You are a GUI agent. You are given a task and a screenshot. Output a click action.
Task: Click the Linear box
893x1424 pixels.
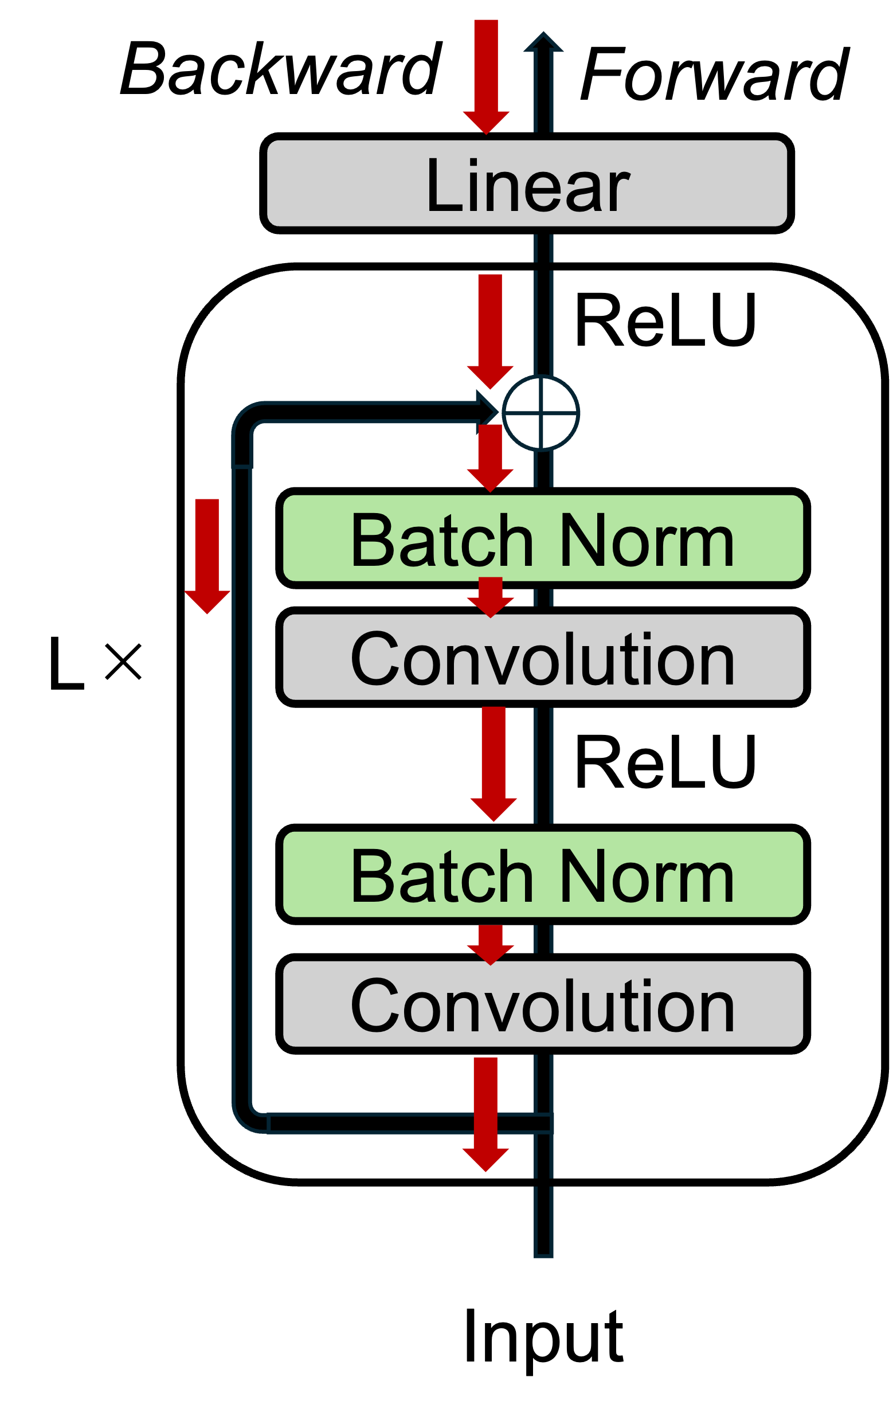526,183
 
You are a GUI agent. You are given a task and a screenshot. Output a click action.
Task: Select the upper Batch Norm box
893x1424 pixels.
543,538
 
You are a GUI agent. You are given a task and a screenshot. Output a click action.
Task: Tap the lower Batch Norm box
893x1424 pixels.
543,874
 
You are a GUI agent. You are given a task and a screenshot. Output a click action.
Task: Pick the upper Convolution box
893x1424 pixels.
543,657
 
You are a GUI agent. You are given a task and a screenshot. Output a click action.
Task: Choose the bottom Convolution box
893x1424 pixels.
543,1003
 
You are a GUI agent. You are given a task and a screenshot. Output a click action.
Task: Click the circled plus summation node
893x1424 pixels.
540,413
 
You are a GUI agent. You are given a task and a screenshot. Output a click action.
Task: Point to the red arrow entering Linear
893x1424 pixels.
486,77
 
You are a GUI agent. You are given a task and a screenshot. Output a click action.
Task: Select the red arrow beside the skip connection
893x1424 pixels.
207,555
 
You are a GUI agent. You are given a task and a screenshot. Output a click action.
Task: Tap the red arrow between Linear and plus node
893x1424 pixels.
489,331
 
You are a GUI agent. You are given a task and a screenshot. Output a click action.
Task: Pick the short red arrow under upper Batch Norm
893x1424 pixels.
490,597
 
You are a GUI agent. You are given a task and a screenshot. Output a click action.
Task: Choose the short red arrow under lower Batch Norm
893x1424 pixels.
490,944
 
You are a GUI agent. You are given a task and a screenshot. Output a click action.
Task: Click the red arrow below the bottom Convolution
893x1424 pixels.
485,1113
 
